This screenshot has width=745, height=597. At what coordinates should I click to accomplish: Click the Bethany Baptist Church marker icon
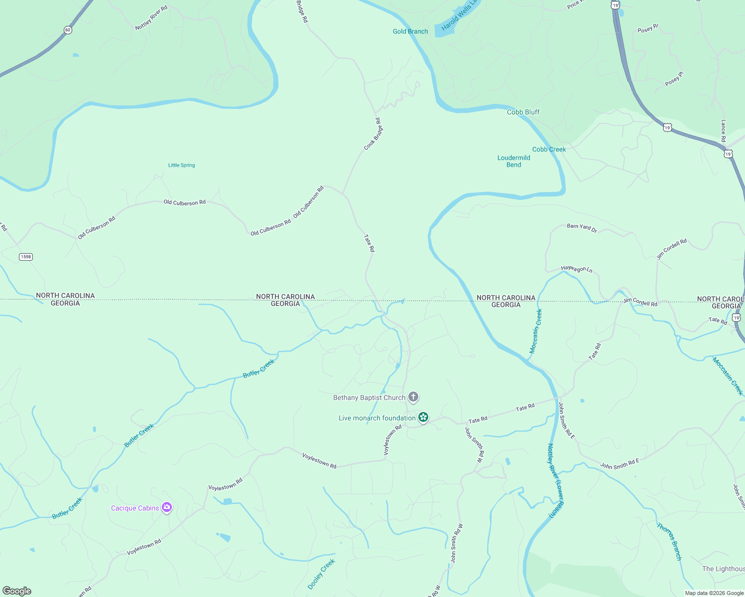coord(413,397)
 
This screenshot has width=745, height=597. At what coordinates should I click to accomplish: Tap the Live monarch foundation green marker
coord(423,417)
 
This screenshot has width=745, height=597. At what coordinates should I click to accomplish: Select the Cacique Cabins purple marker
coord(167,507)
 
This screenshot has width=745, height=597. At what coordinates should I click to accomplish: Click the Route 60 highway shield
coord(68,30)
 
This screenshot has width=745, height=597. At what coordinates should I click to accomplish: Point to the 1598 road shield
coord(26,257)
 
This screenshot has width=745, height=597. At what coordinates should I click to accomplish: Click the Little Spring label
coord(181,165)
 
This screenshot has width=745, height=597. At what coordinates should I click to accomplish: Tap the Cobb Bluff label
coord(523,112)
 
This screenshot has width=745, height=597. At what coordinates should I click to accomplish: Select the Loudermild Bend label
coord(513,161)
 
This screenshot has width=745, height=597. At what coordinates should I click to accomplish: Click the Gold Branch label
coord(410,31)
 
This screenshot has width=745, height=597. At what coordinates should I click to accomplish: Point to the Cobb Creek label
coord(549,149)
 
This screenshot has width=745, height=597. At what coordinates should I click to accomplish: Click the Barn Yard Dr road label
coord(582,228)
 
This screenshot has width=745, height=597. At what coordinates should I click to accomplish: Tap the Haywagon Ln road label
coord(577,269)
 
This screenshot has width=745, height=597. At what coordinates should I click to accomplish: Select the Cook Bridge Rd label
coord(373,134)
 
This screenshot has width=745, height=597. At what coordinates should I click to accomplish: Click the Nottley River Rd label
coord(151,18)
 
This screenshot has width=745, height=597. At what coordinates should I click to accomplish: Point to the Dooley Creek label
coord(321,574)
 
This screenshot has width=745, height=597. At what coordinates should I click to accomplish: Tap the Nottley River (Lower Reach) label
coord(555,481)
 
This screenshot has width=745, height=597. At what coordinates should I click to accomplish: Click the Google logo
coord(16,591)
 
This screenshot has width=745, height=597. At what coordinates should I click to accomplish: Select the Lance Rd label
coord(723,130)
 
